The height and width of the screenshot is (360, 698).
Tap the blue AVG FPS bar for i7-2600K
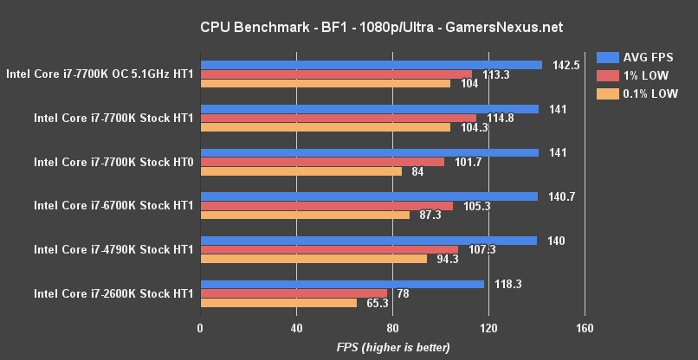342,284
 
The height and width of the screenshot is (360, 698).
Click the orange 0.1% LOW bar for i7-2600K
278,303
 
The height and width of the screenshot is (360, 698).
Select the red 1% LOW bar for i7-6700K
326,206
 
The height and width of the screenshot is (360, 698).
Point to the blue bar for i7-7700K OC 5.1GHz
371,65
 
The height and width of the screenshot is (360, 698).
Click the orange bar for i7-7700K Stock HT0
301,171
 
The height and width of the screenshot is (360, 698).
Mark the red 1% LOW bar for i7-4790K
329,249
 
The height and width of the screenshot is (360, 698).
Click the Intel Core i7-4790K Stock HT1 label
113,249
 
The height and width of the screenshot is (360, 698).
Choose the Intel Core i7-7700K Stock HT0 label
113,162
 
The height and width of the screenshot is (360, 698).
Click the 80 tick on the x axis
392,328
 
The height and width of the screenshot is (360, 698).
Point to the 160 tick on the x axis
584,328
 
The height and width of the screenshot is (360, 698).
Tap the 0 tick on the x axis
201,328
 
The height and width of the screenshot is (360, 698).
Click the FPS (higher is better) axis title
393,347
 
